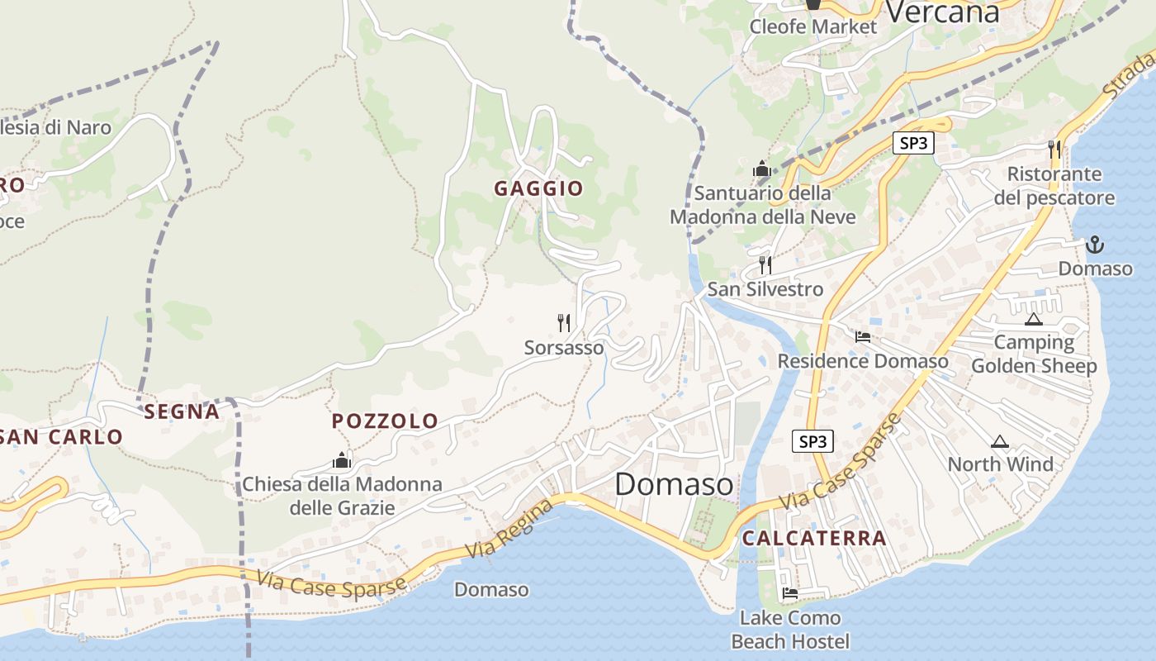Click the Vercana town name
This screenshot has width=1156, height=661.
point(941,12)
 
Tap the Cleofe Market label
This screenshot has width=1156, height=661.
point(813,26)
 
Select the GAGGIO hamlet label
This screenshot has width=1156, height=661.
point(538,188)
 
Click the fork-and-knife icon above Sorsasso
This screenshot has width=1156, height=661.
point(564,322)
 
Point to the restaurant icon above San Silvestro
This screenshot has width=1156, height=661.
point(765,265)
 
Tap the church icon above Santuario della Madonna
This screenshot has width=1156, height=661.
point(761,170)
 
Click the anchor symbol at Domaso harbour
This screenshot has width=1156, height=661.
point(1095,245)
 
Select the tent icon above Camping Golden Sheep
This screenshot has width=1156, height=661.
point(1033,319)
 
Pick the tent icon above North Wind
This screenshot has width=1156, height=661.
point(1000,441)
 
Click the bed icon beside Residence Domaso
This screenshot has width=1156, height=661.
point(863,336)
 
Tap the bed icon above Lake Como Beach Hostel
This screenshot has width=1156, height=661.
point(790,592)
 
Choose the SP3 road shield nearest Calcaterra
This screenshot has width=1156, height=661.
point(813,442)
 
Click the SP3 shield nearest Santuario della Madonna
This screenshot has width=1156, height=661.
point(913,143)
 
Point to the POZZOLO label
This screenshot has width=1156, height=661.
point(385,421)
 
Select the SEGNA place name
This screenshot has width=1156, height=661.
point(182,411)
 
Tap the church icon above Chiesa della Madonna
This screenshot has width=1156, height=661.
point(342,460)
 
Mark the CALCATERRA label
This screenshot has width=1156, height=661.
point(813,538)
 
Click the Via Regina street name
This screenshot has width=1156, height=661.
point(509,529)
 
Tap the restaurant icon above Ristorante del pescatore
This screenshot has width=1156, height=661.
point(1054,149)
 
